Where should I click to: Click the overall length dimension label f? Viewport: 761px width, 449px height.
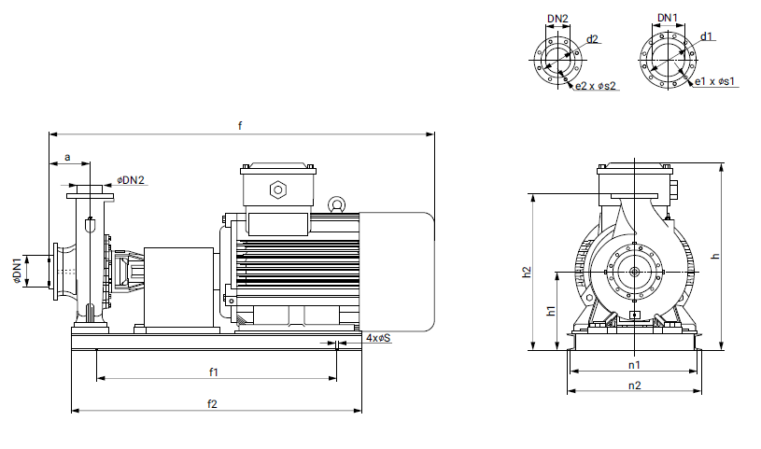tap(240, 125)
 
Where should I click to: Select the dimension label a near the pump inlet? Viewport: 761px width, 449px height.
tap(67, 158)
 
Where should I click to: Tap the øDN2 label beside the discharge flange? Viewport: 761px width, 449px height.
tap(132, 179)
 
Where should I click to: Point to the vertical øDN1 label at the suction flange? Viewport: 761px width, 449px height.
tap(17, 272)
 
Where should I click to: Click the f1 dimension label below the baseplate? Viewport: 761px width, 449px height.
tap(213, 372)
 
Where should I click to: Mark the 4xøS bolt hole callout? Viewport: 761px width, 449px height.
tap(378, 337)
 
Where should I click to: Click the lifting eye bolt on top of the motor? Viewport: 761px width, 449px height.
tap(335, 203)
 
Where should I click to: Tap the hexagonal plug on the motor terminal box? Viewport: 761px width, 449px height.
tap(277, 190)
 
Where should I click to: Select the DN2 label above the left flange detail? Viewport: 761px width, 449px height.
tap(557, 18)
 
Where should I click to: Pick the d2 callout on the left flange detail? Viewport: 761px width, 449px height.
tap(592, 39)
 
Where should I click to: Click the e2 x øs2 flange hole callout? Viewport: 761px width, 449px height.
tap(597, 86)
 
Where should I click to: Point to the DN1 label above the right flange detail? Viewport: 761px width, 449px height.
tap(668, 18)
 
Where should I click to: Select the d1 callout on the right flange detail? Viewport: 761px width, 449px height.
tap(707, 37)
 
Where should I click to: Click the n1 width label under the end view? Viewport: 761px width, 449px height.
tap(634, 364)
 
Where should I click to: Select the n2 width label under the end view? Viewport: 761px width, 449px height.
tap(634, 385)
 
